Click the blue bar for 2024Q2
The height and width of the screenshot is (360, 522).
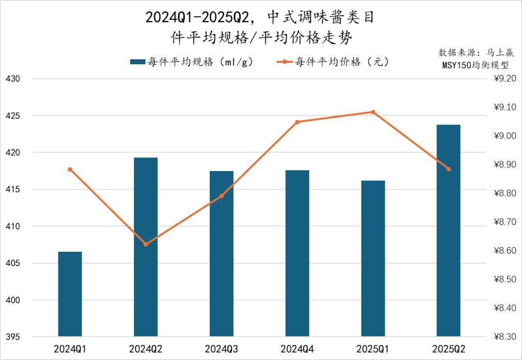click(x=145, y=246)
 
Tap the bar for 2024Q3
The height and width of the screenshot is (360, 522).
click(x=221, y=254)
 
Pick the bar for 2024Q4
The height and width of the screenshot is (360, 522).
click(x=297, y=253)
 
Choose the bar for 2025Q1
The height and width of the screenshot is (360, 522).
click(x=373, y=258)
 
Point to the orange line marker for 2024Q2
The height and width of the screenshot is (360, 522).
click(x=146, y=244)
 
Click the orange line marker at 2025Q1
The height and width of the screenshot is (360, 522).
click(x=373, y=112)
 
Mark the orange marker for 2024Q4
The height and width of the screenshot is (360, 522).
click(x=297, y=122)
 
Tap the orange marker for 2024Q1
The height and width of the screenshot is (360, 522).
click(x=70, y=170)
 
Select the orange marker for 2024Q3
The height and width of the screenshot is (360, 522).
click(x=222, y=196)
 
